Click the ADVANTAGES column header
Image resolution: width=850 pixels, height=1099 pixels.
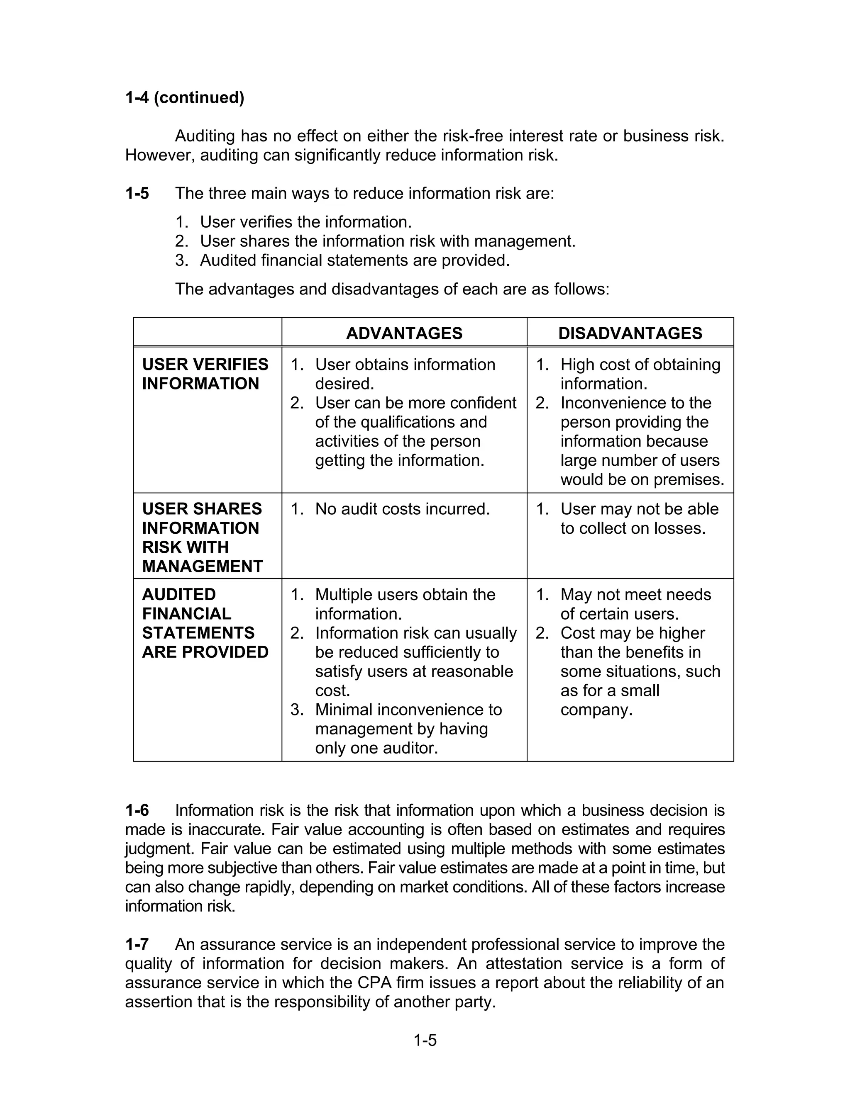pos(404,333)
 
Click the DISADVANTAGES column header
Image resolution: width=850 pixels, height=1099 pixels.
pos(630,333)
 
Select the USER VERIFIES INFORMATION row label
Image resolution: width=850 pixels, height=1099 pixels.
pos(205,374)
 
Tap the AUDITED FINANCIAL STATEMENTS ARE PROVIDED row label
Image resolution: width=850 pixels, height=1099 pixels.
pos(205,623)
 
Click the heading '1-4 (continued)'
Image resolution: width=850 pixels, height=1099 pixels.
pos(184,97)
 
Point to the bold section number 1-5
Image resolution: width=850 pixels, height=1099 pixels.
pos(137,193)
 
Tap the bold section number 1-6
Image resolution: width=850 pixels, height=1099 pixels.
pos(137,810)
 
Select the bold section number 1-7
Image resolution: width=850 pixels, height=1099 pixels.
pos(137,944)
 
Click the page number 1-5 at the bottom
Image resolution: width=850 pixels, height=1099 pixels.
pos(425,1040)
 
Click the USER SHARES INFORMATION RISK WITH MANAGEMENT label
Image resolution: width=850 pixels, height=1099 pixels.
pos(202,537)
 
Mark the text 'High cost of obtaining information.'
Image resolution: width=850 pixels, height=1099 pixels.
pos(640,374)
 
